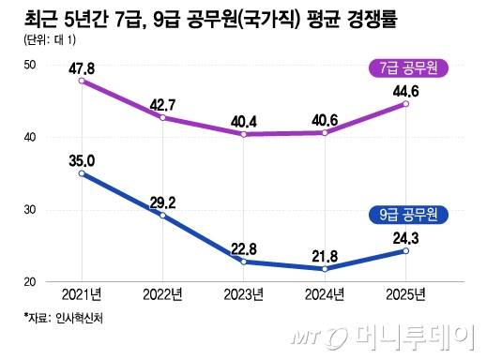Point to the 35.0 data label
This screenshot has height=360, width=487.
click(x=84, y=157)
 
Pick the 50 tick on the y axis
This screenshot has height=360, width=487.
click(x=30, y=65)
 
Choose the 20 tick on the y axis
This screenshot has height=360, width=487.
click(x=30, y=281)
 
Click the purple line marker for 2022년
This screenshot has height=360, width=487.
click(x=163, y=118)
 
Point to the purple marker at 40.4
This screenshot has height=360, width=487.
click(x=244, y=135)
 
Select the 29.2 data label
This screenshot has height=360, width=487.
click(x=163, y=201)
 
